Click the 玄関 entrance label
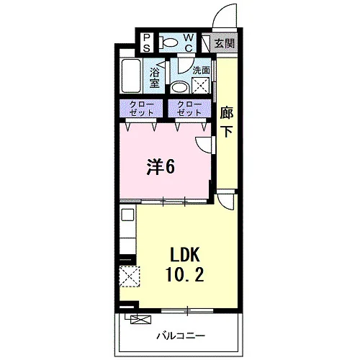[224, 43]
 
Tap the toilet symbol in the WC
[168, 42]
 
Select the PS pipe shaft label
[147, 43]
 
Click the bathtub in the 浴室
[131, 76]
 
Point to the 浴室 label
[154, 77]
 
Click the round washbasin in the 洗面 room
[180, 88]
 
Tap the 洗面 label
[201, 71]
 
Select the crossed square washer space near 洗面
[201, 85]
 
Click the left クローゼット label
[141, 109]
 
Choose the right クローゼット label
[189, 109]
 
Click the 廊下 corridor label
[227, 122]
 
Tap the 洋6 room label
[161, 167]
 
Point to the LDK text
[185, 255]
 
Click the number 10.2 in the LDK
[184, 274]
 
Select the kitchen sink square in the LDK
[127, 215]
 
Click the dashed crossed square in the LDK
[130, 276]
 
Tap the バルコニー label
[181, 336]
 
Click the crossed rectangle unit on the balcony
[141, 320]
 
